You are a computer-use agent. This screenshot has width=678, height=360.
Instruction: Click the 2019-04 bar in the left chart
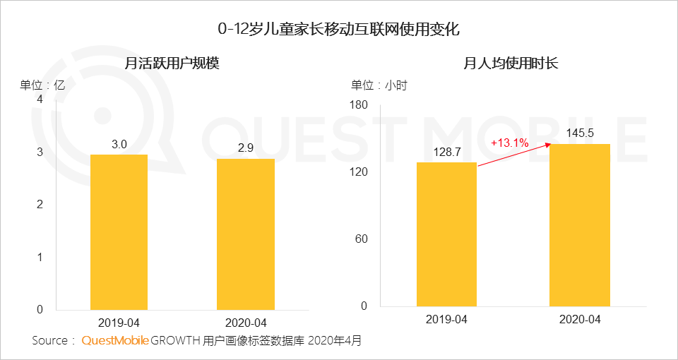(x=119, y=232)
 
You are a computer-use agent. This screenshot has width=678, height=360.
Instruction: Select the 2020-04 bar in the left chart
(x=245, y=234)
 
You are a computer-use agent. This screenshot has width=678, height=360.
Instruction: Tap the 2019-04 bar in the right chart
(x=446, y=234)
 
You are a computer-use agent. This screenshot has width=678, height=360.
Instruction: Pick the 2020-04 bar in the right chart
(x=580, y=225)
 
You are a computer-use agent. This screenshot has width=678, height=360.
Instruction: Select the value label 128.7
(x=446, y=152)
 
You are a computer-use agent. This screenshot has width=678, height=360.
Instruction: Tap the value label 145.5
(x=580, y=133)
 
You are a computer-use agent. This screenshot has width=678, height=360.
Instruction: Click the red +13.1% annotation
(x=510, y=143)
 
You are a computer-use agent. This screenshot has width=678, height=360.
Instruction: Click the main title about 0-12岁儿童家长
(x=339, y=30)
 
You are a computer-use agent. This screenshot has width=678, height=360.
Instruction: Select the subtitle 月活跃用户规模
(x=172, y=64)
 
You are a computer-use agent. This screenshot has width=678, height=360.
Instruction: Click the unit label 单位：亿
(x=42, y=85)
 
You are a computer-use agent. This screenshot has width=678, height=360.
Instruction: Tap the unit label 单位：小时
(x=379, y=85)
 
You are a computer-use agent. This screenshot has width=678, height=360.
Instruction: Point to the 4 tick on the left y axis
(x=40, y=100)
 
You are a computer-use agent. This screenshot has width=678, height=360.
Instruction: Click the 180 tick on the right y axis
(x=359, y=105)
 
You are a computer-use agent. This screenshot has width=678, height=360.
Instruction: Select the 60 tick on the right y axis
(x=362, y=239)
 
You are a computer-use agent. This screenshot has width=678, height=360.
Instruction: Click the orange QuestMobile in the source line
(x=115, y=341)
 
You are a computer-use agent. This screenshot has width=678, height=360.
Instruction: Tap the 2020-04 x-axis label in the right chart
(x=580, y=320)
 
